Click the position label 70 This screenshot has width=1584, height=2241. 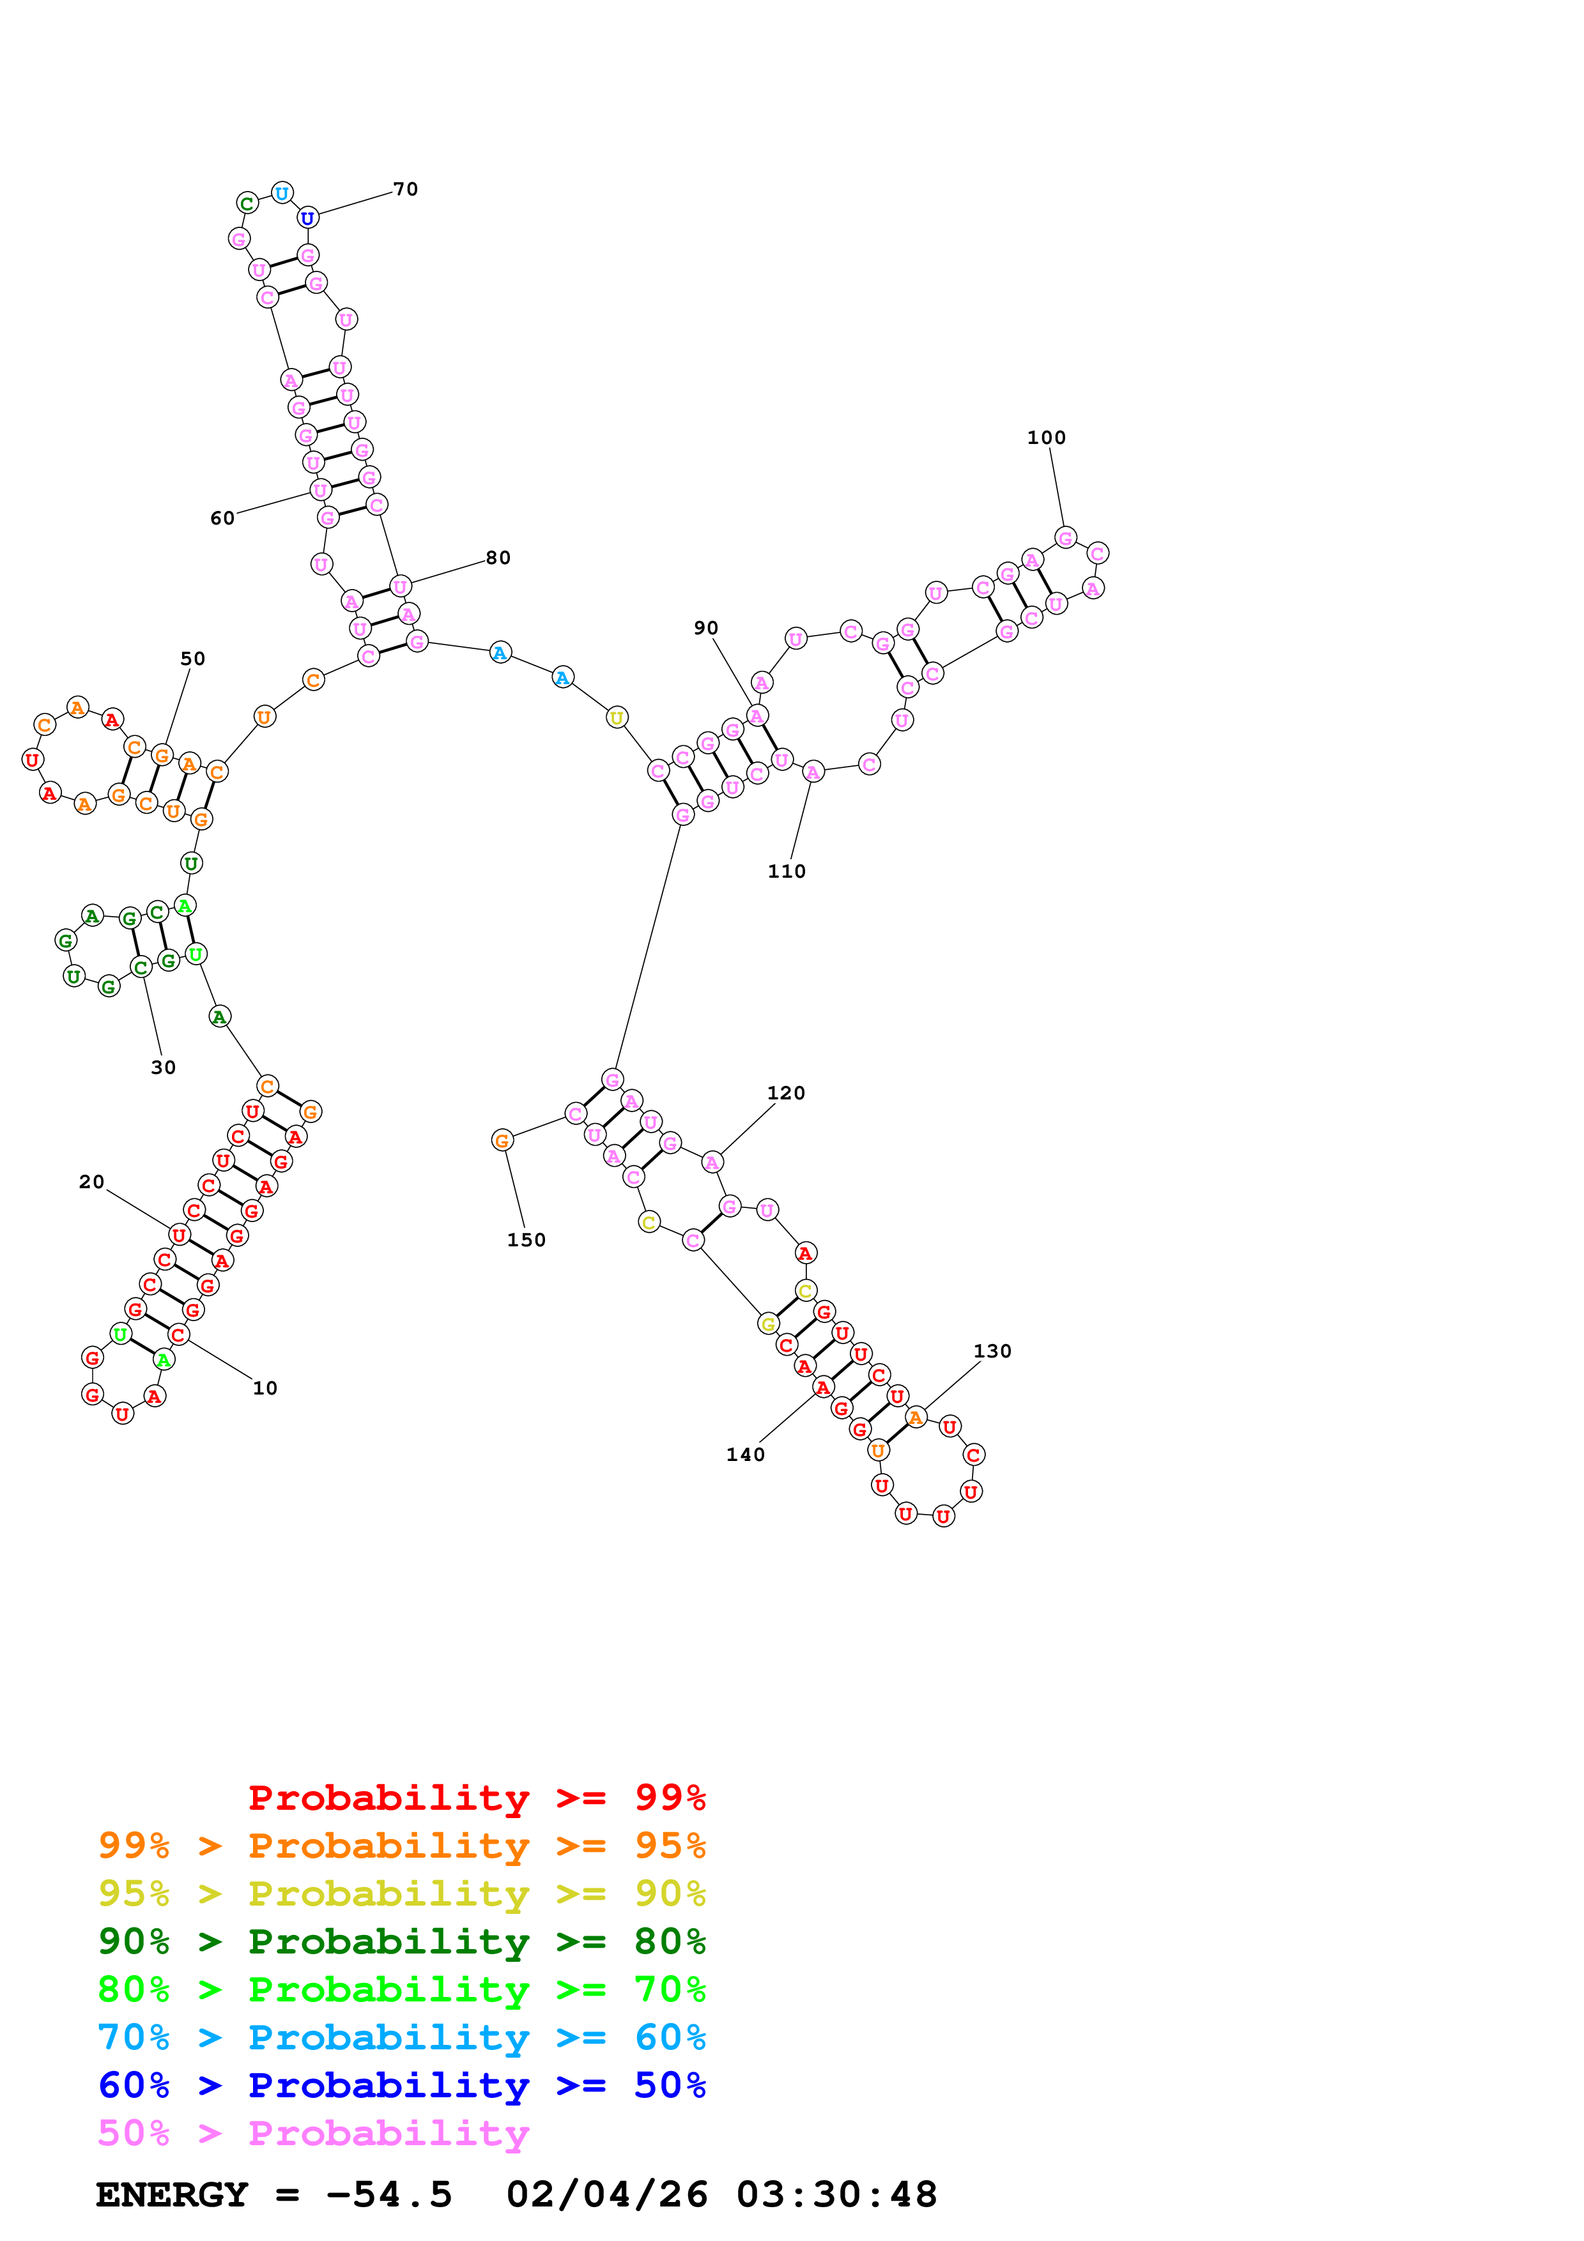click(x=405, y=189)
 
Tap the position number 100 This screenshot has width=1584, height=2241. click(x=1046, y=438)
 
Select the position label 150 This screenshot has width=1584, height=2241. click(x=526, y=1241)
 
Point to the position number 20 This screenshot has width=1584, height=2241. click(x=92, y=1182)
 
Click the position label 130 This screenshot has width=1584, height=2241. click(x=992, y=1352)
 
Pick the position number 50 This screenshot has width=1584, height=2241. click(x=193, y=659)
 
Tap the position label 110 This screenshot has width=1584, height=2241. click(x=787, y=871)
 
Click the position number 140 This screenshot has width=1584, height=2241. click(x=746, y=1455)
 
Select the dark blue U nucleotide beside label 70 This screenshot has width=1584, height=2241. click(x=307, y=218)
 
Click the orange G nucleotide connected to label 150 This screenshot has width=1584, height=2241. click(x=502, y=1140)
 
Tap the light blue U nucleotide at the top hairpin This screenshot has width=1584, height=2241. click(x=282, y=194)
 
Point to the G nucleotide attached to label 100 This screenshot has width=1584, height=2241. click(x=1066, y=538)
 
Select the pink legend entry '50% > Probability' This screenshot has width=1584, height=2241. click(x=313, y=2134)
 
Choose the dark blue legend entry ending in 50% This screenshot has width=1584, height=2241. click(x=402, y=2086)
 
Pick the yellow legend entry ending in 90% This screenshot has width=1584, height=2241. click(x=402, y=1893)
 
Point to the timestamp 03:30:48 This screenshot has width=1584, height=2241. click(x=836, y=2195)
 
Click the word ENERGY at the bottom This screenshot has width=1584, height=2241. click(x=172, y=2195)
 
